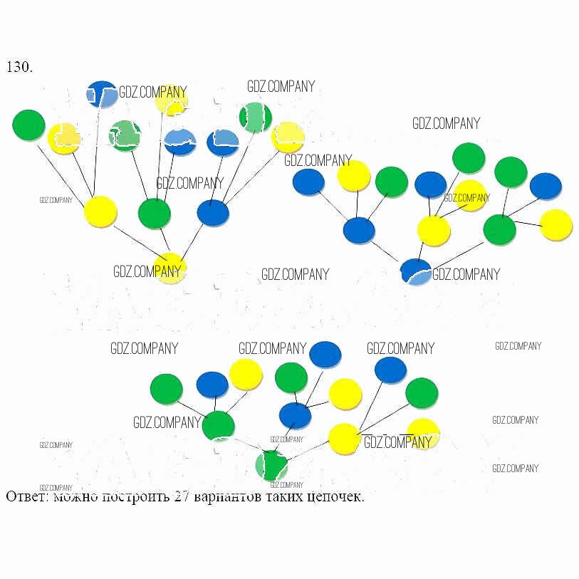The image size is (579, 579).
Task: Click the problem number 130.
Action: click(19, 67)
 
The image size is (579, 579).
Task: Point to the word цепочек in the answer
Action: click(335, 496)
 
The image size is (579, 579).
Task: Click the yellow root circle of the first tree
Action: click(170, 268)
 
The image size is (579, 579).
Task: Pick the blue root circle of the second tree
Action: click(416, 272)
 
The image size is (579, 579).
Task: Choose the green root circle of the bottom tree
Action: click(271, 466)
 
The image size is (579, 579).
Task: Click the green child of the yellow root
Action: click(154, 214)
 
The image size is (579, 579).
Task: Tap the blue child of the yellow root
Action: click(212, 213)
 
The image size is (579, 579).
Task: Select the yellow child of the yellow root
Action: click(100, 212)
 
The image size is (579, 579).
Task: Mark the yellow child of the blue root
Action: click(433, 230)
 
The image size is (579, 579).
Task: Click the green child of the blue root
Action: click(499, 229)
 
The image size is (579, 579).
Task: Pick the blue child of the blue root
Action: click(358, 231)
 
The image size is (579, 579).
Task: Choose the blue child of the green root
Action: click(295, 415)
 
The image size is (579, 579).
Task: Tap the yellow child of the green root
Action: click(344, 438)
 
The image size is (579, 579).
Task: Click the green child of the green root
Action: click(218, 426)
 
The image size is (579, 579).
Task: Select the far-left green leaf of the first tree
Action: click(28, 125)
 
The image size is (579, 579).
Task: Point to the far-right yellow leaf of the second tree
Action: click(556, 224)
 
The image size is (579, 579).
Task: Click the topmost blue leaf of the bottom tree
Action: click(325, 354)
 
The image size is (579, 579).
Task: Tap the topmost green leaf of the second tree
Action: click(468, 158)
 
